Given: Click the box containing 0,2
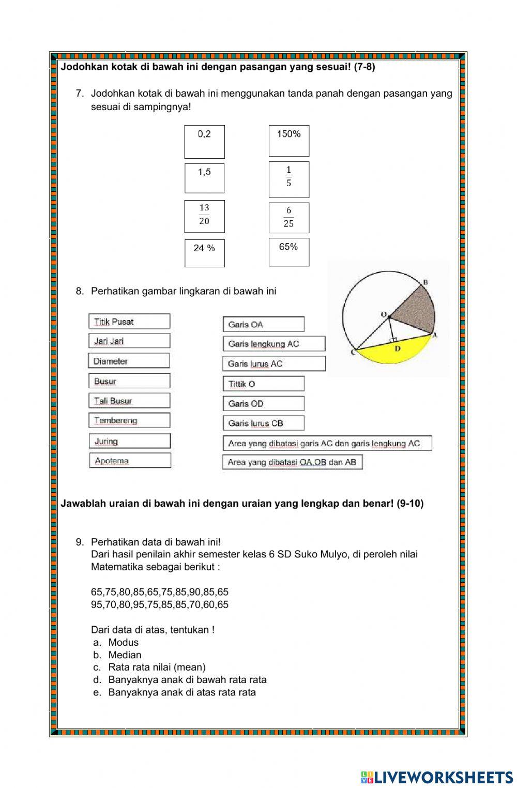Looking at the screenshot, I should point(204,142).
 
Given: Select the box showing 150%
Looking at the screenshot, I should point(288,141).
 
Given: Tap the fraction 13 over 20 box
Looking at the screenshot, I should point(204,216).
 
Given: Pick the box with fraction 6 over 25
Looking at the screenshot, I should point(288,218).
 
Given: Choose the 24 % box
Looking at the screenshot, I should point(204,253).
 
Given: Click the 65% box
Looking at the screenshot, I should point(288,252).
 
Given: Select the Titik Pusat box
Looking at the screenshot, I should point(129,321).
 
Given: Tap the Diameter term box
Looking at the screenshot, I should point(129,361).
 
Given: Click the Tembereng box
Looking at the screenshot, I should point(129,420).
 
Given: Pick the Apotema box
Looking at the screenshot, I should point(130,460).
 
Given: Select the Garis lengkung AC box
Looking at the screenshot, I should point(274,344).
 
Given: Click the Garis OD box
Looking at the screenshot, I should point(263,403).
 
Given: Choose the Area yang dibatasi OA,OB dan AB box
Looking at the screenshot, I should point(292,462).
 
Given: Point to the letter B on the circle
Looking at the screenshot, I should point(425,282).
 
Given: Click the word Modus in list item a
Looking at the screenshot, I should point(123,642).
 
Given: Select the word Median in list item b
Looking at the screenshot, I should point(125,655).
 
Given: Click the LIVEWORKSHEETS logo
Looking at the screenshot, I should point(436,777).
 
